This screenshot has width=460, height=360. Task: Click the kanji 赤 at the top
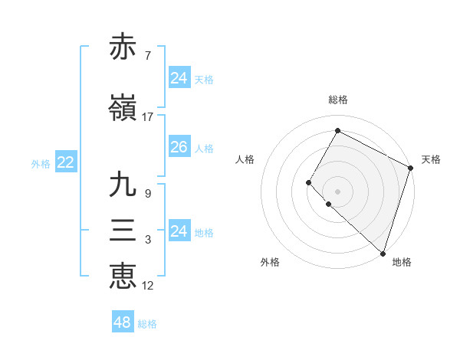pyautogui.click(x=123, y=47)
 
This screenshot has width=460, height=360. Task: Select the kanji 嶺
pyautogui.click(x=123, y=108)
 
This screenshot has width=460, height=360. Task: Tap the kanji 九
pyautogui.click(x=123, y=185)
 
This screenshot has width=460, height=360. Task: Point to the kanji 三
pyautogui.click(x=123, y=230)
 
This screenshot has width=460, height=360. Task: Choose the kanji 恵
pyautogui.click(x=123, y=276)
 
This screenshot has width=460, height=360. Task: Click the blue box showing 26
pyautogui.click(x=179, y=147)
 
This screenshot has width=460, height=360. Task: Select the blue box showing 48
pyautogui.click(x=123, y=322)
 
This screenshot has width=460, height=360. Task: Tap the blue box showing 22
pyautogui.click(x=65, y=162)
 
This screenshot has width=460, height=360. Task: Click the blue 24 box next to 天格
pyautogui.click(x=179, y=78)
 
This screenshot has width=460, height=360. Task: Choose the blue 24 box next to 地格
pyautogui.click(x=179, y=231)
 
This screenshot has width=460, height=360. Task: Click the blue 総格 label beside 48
pyautogui.click(x=147, y=324)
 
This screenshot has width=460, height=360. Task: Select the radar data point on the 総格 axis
pyautogui.click(x=337, y=130)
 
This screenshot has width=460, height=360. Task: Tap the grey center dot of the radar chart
pyautogui.click(x=337, y=191)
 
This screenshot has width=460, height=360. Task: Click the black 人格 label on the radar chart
pyautogui.click(x=245, y=159)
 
